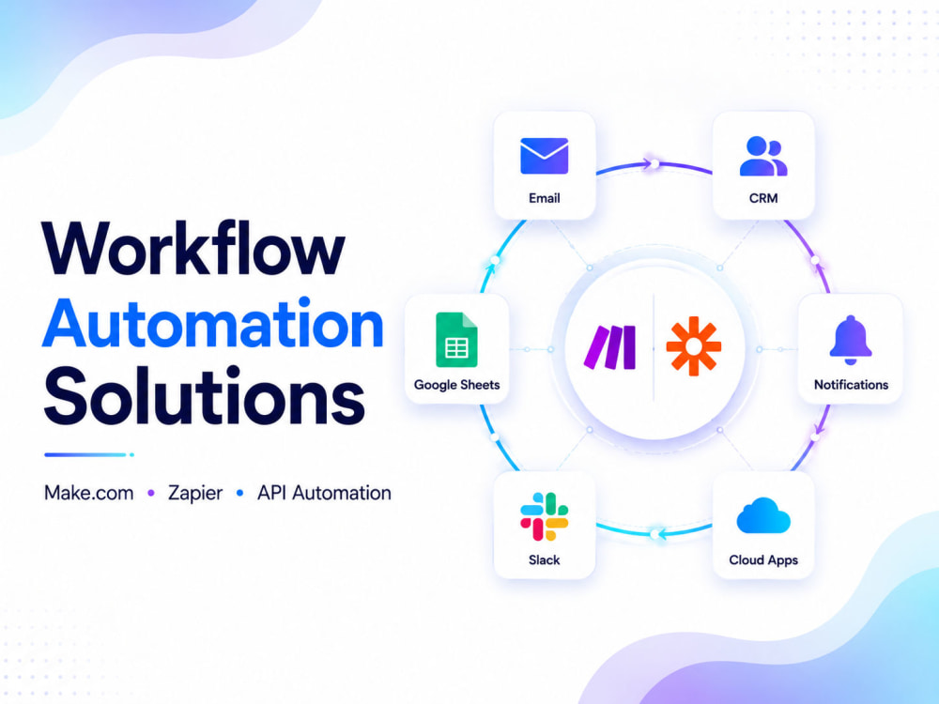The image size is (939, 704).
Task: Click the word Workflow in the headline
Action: click(192, 248)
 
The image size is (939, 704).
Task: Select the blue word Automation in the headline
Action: click(212, 323)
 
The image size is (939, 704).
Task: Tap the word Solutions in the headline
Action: click(204, 396)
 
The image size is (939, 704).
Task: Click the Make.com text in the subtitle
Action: click(88, 493)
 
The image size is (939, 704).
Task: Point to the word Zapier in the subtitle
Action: click(195, 494)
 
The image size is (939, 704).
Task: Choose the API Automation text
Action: click(324, 493)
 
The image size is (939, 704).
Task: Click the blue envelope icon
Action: click(545, 156)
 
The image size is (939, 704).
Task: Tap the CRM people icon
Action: click(763, 156)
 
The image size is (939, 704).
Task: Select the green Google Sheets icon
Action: click(456, 340)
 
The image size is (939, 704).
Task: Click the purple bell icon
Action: click(851, 340)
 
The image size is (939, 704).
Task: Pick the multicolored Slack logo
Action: click(545, 516)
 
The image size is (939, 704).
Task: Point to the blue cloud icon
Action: click(763, 515)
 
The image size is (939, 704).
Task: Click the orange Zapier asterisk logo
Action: click(694, 346)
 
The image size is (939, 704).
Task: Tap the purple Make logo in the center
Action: click(610, 347)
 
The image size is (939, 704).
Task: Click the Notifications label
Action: click(851, 385)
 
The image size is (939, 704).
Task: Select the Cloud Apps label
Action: click(763, 560)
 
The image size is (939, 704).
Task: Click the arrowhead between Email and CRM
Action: click(647, 163)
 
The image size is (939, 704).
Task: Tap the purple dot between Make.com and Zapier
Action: click(151, 494)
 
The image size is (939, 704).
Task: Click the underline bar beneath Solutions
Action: click(88, 455)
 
